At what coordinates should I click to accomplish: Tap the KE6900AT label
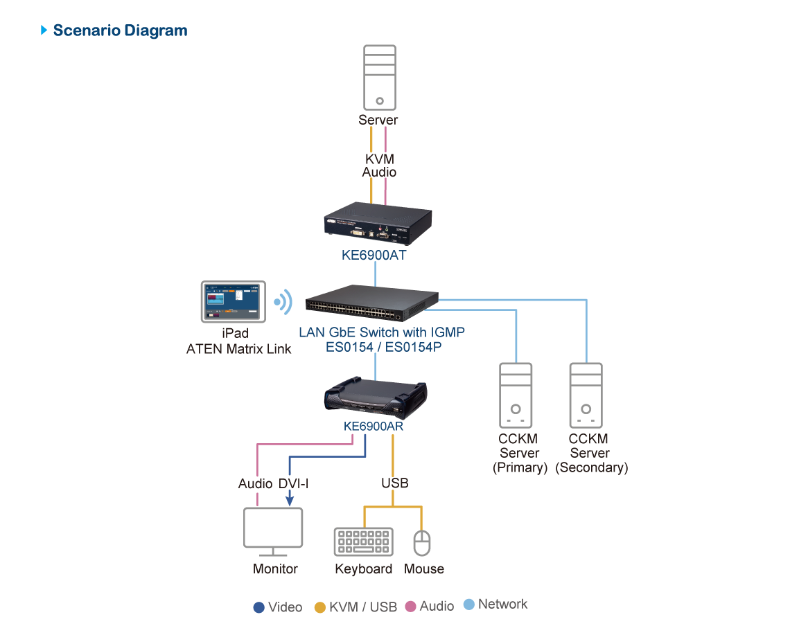click(374, 255)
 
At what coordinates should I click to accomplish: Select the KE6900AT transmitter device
click(378, 224)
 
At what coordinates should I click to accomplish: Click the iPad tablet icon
click(234, 301)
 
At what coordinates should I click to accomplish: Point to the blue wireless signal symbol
click(282, 302)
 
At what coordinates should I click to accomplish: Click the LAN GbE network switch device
click(372, 303)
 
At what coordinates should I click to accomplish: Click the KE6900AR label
click(374, 427)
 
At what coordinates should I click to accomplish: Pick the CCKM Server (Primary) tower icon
click(516, 395)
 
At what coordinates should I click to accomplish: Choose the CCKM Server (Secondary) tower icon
click(586, 395)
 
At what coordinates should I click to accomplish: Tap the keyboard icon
click(363, 542)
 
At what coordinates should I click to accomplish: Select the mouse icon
click(422, 543)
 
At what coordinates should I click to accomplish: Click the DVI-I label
click(293, 483)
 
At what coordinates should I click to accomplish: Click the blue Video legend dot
click(259, 607)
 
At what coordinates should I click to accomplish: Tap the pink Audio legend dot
click(410, 607)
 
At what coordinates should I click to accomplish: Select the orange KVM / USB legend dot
click(320, 607)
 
